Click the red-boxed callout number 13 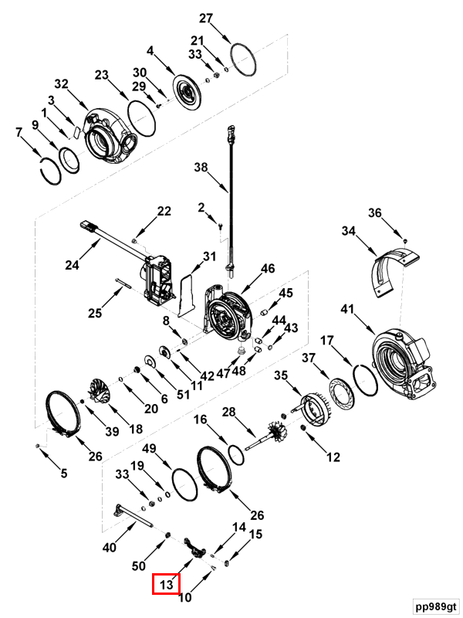(166, 586)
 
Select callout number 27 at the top (205, 19)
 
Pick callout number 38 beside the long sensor (201, 167)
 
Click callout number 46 (267, 269)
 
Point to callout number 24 (72, 265)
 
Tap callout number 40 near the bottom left (109, 548)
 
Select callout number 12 (333, 457)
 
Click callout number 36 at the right (374, 213)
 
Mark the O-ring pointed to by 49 (184, 484)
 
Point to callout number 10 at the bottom (184, 596)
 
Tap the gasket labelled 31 (184, 293)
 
